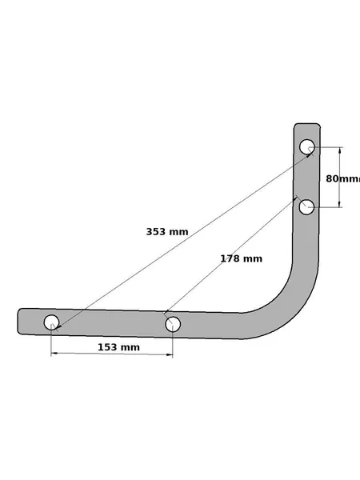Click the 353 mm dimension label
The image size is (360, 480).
167,232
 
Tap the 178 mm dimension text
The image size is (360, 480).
242,258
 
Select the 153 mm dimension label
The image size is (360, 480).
118,347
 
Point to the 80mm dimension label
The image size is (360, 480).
343,178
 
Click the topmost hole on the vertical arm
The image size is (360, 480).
307,147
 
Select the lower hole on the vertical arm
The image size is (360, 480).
306,207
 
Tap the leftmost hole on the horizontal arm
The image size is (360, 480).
51,322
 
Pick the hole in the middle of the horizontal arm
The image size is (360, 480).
173,324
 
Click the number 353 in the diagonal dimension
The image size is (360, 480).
156,232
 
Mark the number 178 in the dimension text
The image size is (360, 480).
230,258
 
